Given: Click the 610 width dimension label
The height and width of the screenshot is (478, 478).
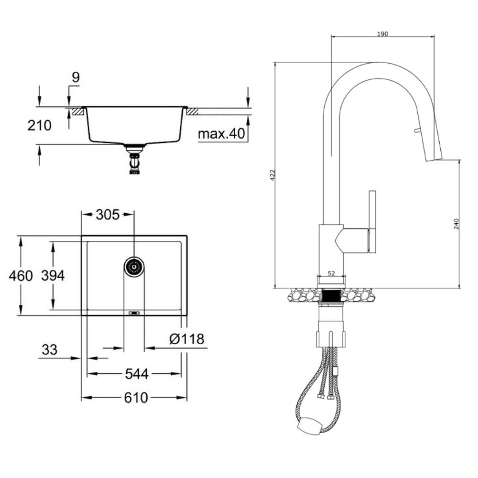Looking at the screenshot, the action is pos(136,398).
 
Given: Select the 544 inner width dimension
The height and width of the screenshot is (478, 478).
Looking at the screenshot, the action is pos(137,374).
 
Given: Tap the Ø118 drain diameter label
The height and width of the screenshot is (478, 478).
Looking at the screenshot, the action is pos(186,339).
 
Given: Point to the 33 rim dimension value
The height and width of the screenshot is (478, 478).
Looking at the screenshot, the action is pos(49,350).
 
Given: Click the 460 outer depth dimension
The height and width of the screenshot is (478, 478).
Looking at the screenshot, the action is pos(21,276).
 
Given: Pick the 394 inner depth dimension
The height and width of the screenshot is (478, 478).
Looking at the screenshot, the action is pos(53,276).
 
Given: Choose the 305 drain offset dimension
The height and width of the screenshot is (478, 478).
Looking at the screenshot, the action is pos(108,215).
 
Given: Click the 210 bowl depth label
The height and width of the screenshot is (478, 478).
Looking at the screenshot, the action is pos(40,125).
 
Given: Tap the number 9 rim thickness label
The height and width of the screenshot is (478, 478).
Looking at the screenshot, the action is pos(76,77).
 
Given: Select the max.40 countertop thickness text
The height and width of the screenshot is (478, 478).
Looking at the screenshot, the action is pos(221,133).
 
